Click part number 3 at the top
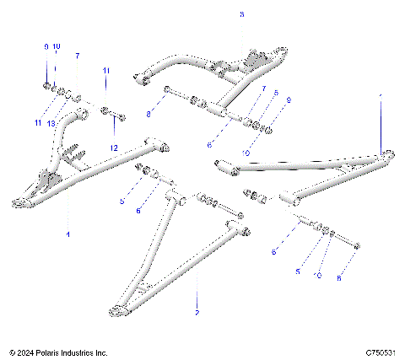(240, 15)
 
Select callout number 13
(51, 123)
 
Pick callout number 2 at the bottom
(197, 312)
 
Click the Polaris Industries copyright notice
(58, 352)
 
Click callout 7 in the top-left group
(77, 56)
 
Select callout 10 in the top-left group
(57, 46)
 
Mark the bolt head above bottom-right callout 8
(360, 246)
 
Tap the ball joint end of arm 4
(19, 201)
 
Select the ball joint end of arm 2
(113, 314)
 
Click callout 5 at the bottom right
(297, 271)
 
